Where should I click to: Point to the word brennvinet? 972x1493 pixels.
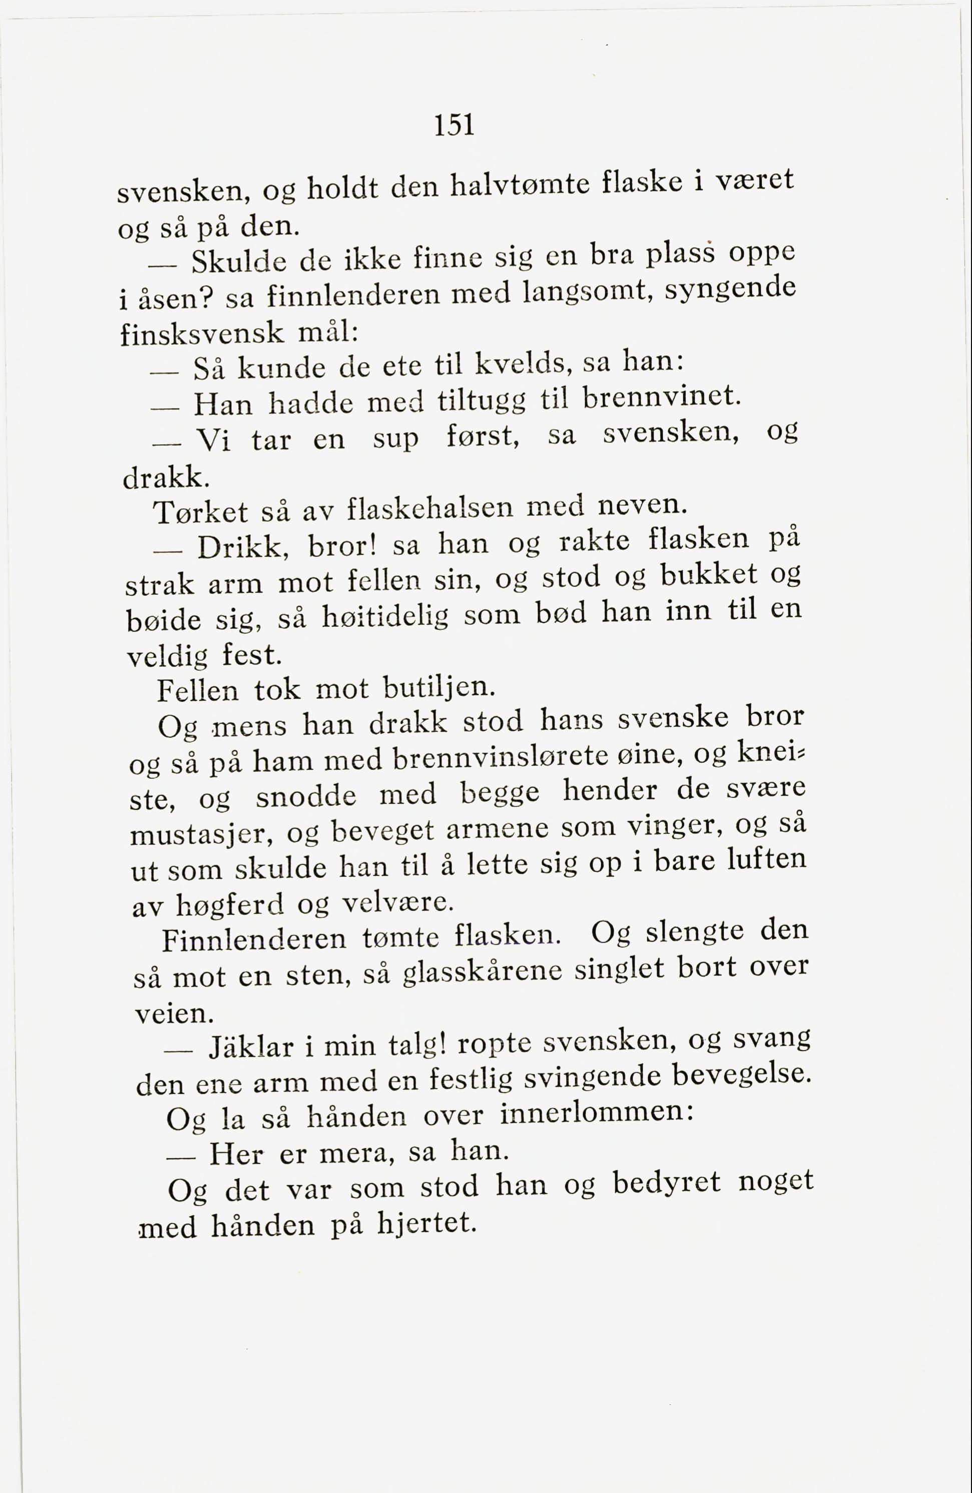(x=658, y=396)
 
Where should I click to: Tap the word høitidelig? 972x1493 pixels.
(x=385, y=618)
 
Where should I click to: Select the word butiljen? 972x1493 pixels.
(x=439, y=688)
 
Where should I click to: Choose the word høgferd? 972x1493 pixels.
(x=230, y=905)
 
